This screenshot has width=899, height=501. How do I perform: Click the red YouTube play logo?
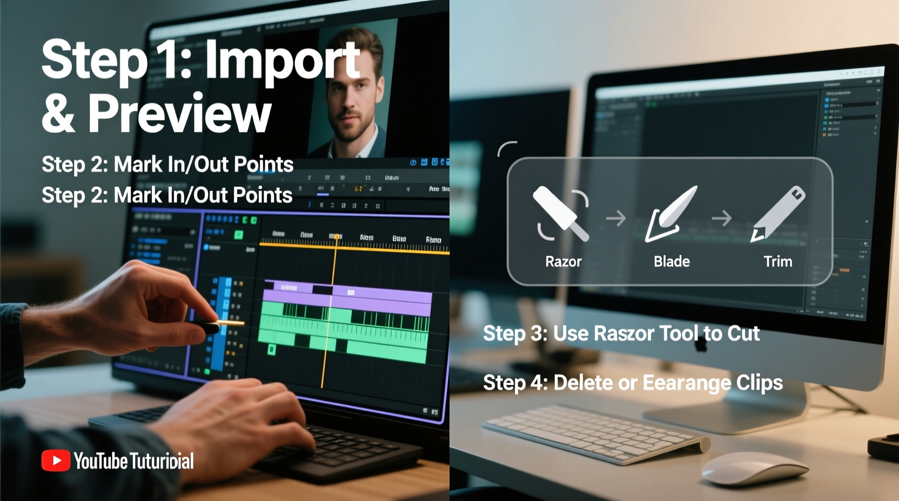56,461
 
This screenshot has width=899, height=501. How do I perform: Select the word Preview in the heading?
179,113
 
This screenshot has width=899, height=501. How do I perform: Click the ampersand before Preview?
58,113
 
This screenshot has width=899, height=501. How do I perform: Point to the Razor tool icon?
561,214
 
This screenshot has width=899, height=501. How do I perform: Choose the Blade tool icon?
671,214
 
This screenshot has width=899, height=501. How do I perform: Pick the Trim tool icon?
779,214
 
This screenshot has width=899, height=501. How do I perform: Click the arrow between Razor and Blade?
616,218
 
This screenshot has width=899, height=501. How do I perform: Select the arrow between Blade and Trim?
722,218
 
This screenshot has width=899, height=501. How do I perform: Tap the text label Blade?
672,262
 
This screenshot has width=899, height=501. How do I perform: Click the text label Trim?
778,262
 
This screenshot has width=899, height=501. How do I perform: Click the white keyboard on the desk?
594,432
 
